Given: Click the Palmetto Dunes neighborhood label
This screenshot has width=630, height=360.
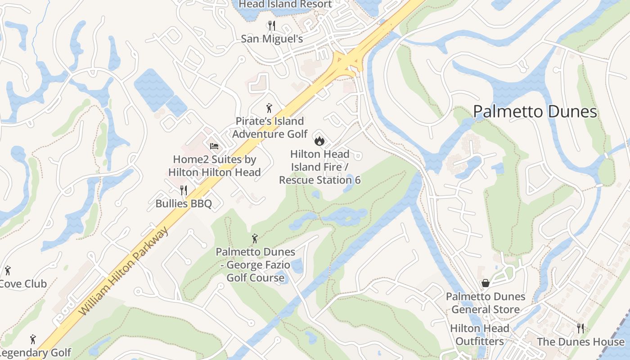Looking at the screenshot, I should [x=535, y=112].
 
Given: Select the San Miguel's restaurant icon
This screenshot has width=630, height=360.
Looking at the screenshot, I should [x=271, y=26].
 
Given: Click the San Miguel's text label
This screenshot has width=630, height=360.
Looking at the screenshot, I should [x=272, y=39].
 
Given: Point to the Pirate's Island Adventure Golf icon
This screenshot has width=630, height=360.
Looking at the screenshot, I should [x=269, y=108].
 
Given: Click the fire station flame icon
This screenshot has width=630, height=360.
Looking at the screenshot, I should [x=319, y=141].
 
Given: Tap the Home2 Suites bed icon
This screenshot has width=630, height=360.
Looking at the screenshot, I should [x=214, y=146].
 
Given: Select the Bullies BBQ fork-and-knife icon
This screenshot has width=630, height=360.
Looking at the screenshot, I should [x=184, y=190].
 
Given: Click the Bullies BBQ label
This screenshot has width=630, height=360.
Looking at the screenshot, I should [x=184, y=203].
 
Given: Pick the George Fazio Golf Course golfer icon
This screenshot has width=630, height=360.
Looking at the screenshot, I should [x=255, y=238].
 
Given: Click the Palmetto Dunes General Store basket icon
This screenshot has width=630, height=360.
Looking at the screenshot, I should [x=486, y=283].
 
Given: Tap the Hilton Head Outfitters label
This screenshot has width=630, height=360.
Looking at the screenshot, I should [x=480, y=335].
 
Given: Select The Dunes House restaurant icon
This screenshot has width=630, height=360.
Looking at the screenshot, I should [x=580, y=328].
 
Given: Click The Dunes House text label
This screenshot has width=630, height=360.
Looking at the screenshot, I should [x=580, y=342].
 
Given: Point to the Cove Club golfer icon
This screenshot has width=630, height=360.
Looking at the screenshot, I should [x=8, y=270].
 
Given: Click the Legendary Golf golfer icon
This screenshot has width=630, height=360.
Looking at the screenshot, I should [x=32, y=339].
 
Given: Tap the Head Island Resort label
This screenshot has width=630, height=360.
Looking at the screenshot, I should [x=285, y=4].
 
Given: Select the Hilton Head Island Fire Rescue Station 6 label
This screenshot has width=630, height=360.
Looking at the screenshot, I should [x=319, y=167].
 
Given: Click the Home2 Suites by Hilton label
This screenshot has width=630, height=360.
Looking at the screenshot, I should [x=215, y=166].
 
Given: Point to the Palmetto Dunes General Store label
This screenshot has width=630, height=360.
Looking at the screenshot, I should [x=486, y=303].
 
